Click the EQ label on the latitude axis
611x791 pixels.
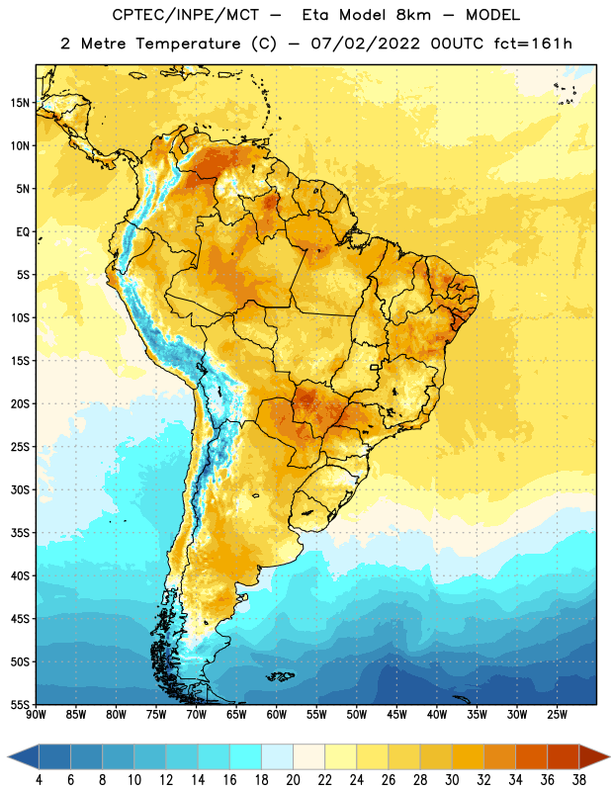[x=23, y=232]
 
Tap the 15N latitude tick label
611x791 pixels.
[x=20, y=103]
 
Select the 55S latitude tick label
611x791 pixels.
[x=20, y=704]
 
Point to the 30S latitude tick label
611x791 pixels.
[x=20, y=489]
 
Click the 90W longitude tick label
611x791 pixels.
[x=36, y=715]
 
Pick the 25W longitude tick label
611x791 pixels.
[x=557, y=715]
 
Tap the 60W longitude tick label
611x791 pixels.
[x=277, y=715]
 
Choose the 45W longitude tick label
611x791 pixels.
[x=396, y=715]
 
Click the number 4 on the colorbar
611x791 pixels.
[x=39, y=780]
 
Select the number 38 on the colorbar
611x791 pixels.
[x=579, y=780]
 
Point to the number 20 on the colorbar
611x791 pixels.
[x=293, y=780]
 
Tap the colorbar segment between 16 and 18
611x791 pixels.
[x=246, y=756]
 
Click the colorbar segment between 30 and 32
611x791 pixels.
[x=468, y=756]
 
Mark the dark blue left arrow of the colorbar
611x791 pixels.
[x=24, y=756]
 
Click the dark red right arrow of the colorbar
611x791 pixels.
[x=594, y=756]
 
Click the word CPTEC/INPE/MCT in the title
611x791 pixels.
[x=185, y=15]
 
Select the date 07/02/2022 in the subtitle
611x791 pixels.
[x=365, y=44]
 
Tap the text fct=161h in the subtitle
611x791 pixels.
[x=533, y=44]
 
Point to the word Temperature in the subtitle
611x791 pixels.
[x=188, y=44]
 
